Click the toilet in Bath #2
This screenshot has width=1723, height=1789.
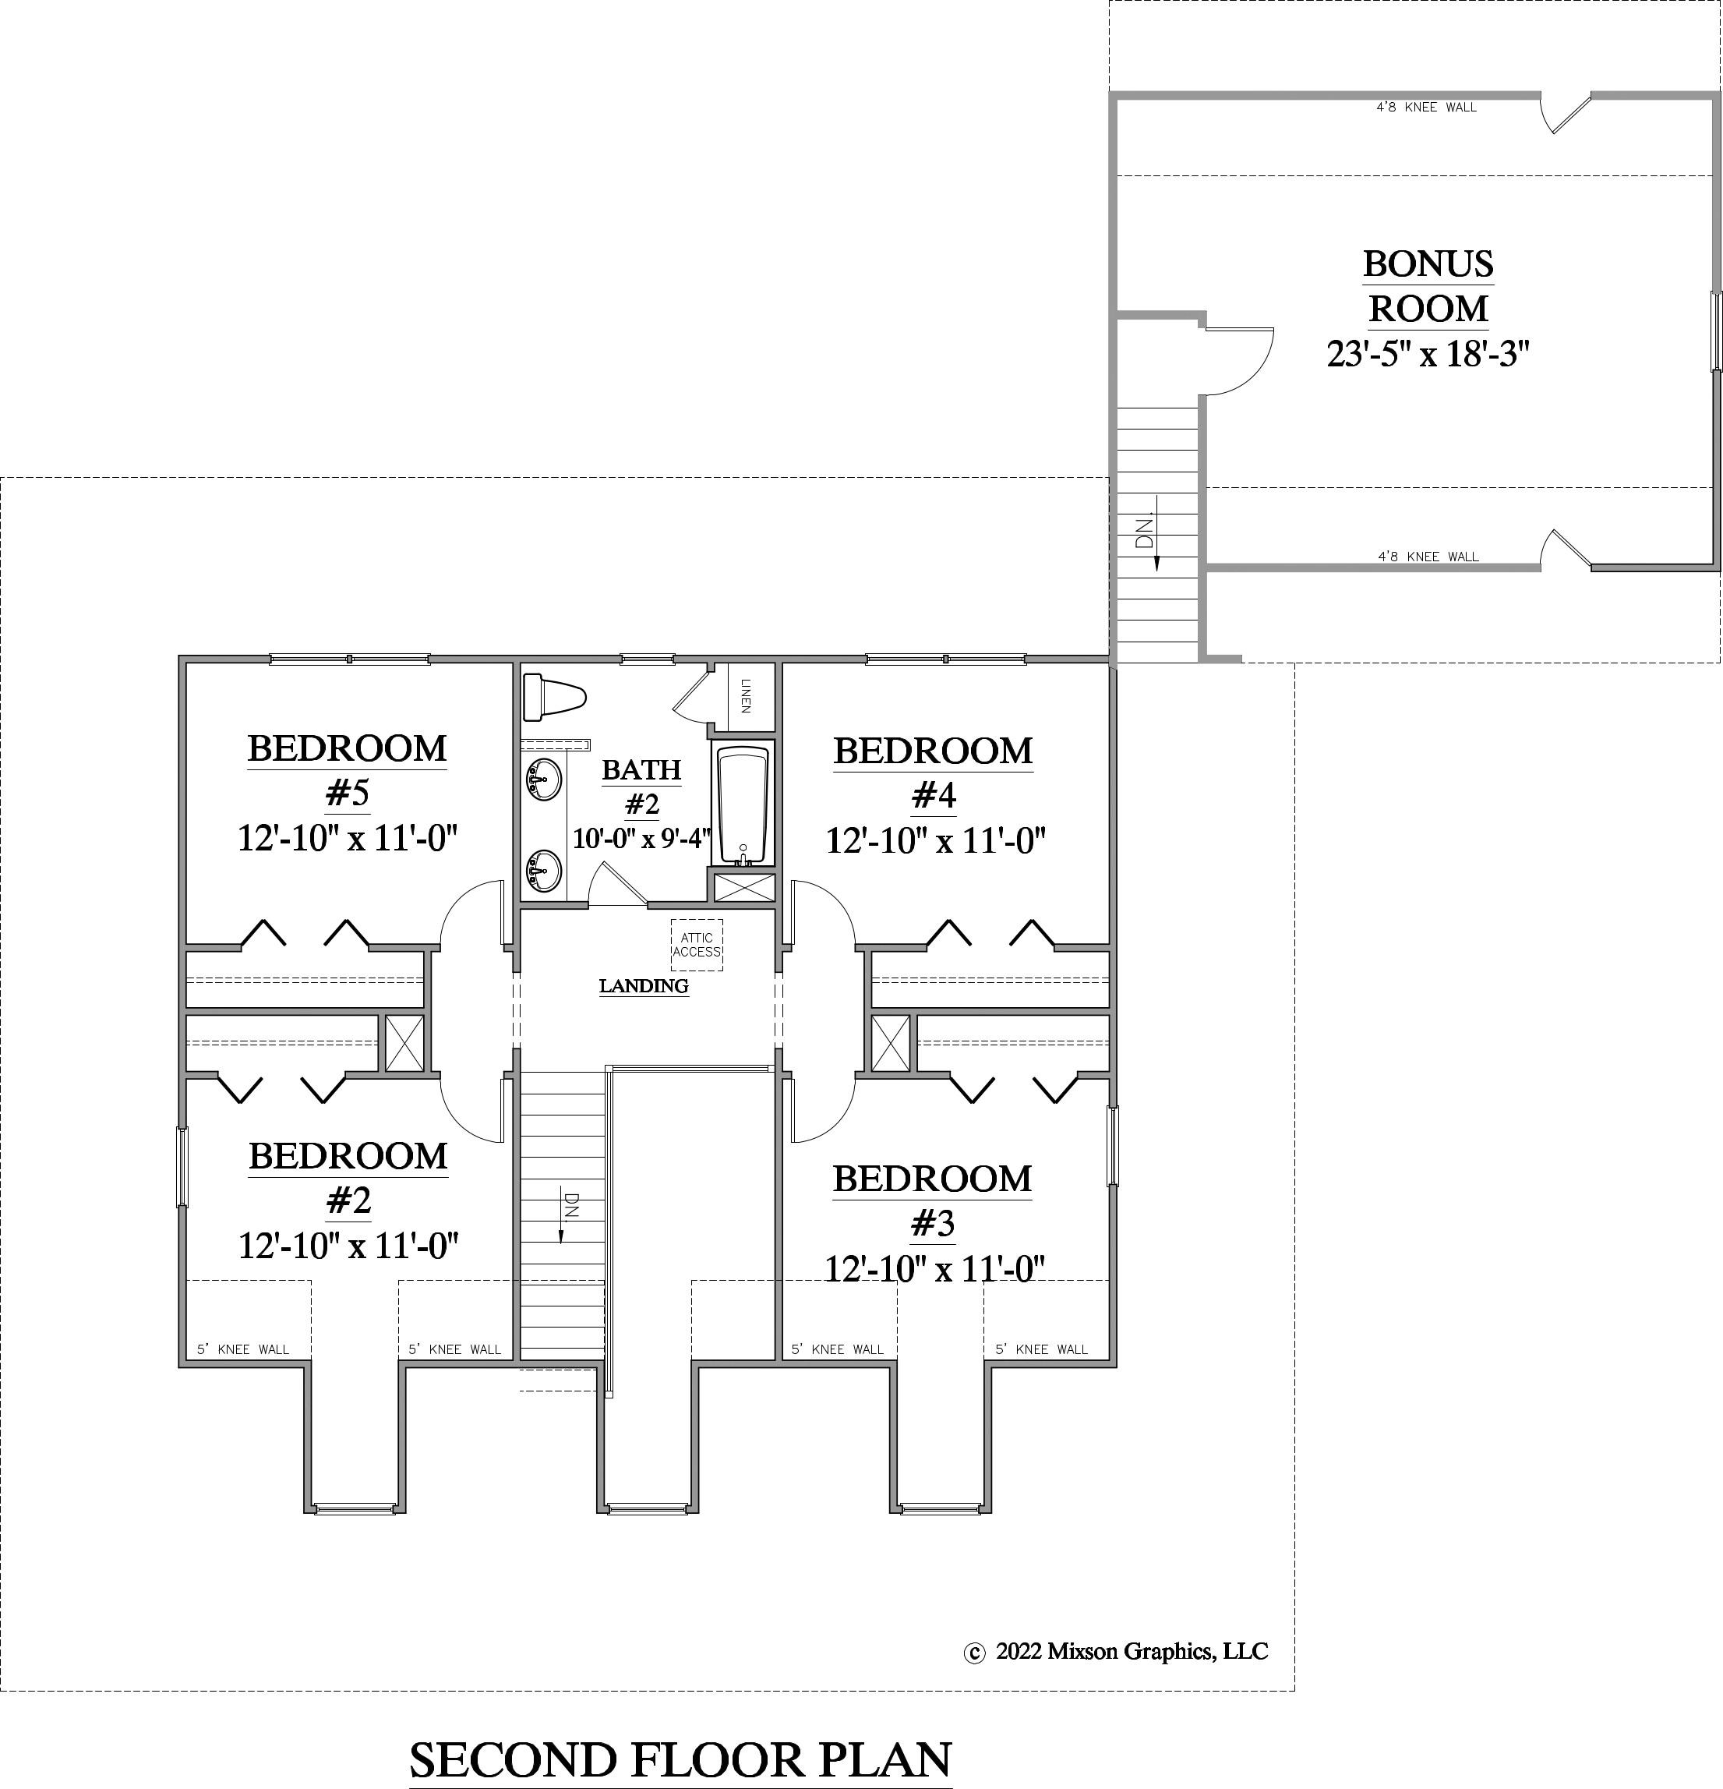coord(553,698)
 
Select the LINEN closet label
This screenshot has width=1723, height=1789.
coord(745,695)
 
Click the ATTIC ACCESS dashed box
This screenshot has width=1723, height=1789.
coord(697,945)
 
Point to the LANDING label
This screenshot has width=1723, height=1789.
coord(644,986)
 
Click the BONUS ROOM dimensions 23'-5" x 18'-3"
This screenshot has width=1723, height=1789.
coord(1428,353)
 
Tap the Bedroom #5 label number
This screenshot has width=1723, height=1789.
coord(347,794)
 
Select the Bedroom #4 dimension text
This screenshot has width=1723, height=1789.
coord(934,840)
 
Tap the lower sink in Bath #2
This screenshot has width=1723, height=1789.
coord(544,869)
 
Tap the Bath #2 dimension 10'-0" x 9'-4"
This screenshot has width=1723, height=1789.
coord(641,839)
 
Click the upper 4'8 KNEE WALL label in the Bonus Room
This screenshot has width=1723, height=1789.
coord(1425,108)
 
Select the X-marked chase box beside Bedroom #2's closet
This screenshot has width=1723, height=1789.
coord(404,1041)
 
